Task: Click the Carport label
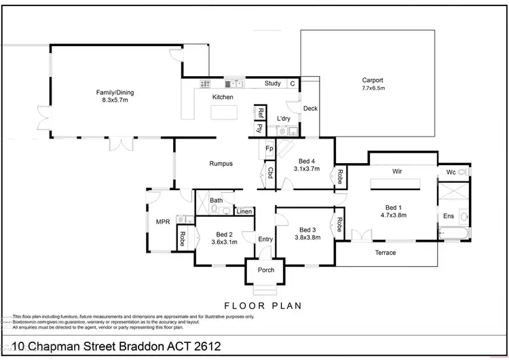click(x=373, y=79)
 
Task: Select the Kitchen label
click(x=223, y=97)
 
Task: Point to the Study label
click(x=272, y=84)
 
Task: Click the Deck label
click(x=310, y=109)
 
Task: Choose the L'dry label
click(x=284, y=119)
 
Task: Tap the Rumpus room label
click(x=221, y=164)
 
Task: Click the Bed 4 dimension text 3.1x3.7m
click(x=307, y=168)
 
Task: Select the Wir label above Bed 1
click(x=397, y=172)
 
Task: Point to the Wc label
click(x=451, y=173)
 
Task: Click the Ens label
click(x=448, y=216)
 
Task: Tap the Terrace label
click(x=385, y=253)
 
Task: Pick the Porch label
click(x=266, y=270)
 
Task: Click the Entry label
click(x=265, y=239)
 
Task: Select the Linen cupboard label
click(x=244, y=212)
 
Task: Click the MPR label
click(x=162, y=222)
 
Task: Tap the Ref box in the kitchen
click(x=261, y=113)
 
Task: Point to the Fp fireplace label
click(x=269, y=149)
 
